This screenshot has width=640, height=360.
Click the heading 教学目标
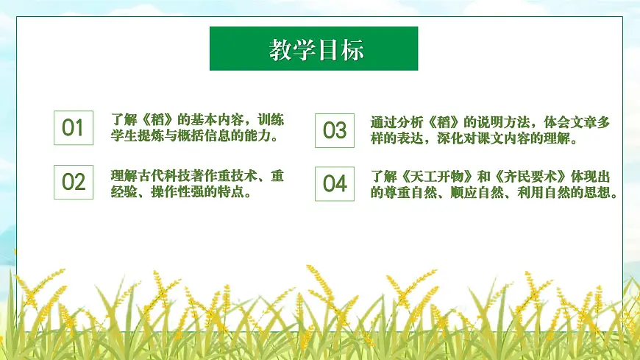[314, 49]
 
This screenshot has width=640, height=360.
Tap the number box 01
[74, 128]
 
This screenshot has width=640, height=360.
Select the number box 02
[74, 182]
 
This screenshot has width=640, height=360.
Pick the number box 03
[334, 130]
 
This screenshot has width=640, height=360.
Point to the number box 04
[334, 183]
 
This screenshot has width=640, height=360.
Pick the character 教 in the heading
[280, 49]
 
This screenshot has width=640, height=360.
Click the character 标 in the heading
[352, 49]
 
